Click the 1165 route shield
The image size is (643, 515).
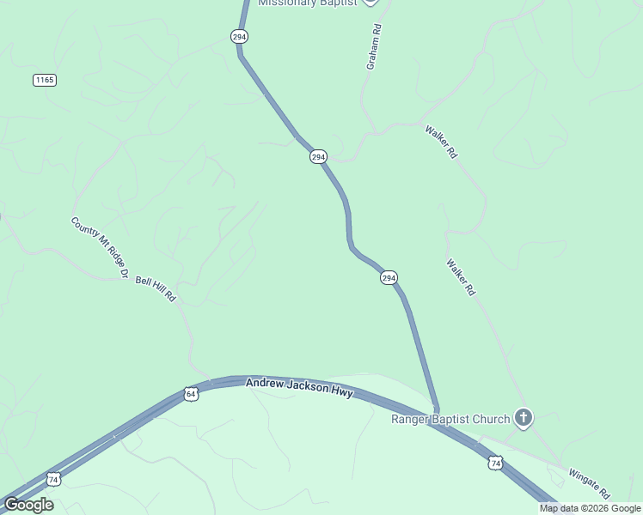coord(45,80)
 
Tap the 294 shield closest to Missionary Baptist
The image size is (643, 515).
coord(239,36)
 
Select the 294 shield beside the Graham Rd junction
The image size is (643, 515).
coord(318,157)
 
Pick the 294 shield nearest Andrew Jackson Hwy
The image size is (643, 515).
coord(389,278)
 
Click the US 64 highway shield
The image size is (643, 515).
coord(191,394)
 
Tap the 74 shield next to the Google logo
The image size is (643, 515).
coord(54,479)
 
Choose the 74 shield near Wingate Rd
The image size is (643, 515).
coord(495,463)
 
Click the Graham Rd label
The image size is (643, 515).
coord(373,46)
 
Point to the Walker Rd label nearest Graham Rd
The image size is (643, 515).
coord(441,142)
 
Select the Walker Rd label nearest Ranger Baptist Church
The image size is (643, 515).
coord(461,277)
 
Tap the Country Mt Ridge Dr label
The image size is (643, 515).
coord(100,247)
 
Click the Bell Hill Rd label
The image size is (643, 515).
coord(156,288)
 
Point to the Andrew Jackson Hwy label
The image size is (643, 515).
coord(299,387)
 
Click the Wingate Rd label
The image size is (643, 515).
coord(589,483)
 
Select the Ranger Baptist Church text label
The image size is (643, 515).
coord(450,419)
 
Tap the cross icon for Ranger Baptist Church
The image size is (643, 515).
coord(524,418)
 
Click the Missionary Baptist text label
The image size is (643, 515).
coord(307,3)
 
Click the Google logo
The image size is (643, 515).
coord(28,505)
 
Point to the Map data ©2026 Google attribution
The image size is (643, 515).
coord(591,508)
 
